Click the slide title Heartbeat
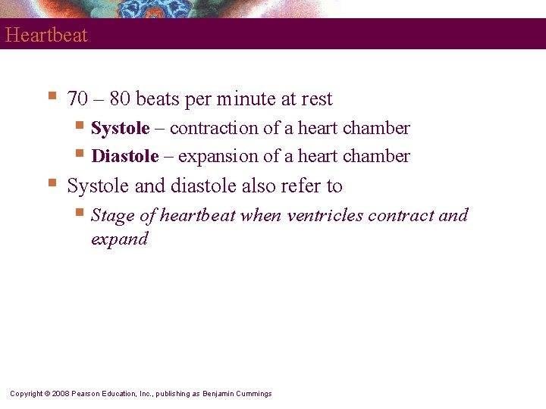46,35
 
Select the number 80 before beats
121,99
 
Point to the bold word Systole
120,129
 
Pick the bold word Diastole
124,157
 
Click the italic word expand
119,239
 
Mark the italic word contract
401,216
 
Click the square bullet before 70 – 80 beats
52,96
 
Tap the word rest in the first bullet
317,99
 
